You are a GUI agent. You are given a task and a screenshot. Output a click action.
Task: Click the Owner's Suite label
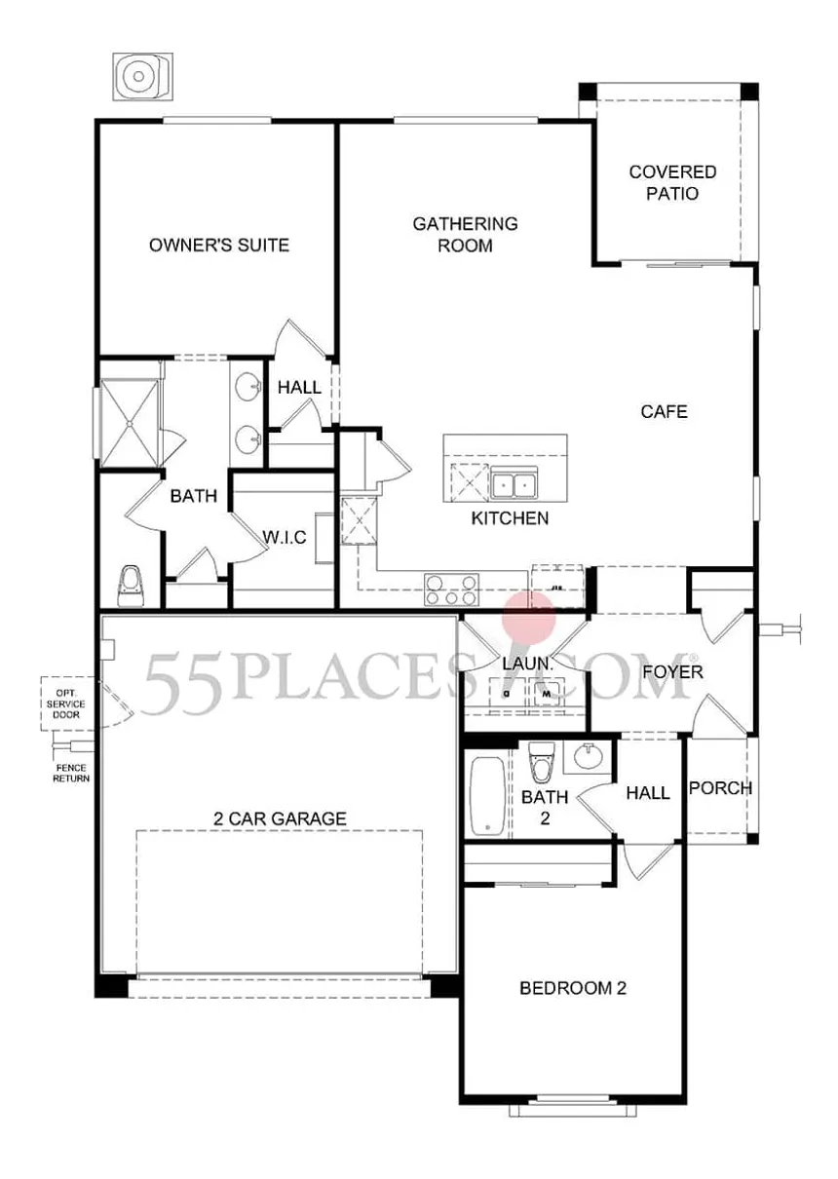click(219, 246)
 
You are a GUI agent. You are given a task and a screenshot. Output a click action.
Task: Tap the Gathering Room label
click(466, 235)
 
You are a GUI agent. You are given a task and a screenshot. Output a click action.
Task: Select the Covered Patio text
click(672, 182)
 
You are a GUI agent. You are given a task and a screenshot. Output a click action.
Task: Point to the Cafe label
click(665, 411)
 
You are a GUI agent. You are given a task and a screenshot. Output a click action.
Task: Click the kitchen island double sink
click(514, 483)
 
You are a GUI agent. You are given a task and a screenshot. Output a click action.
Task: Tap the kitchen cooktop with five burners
click(451, 589)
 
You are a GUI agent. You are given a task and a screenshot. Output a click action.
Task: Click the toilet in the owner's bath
click(130, 586)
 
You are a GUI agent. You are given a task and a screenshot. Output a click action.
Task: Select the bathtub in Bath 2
click(487, 796)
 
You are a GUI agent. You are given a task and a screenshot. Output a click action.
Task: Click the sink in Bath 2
click(588, 757)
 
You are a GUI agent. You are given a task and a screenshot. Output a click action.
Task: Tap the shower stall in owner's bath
click(129, 422)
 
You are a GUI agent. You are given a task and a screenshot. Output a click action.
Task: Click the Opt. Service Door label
click(66, 704)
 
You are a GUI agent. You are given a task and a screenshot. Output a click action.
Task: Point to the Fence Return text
click(71, 774)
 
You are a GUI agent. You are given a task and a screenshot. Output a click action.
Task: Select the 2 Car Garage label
click(280, 819)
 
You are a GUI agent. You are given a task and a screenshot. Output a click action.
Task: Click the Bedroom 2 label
click(573, 988)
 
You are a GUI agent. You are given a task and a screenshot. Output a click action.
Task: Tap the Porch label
click(721, 788)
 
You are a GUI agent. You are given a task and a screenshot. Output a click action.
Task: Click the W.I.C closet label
click(285, 538)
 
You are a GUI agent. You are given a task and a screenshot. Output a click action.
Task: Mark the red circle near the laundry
click(529, 619)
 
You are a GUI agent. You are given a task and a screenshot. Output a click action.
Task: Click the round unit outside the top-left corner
click(142, 77)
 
